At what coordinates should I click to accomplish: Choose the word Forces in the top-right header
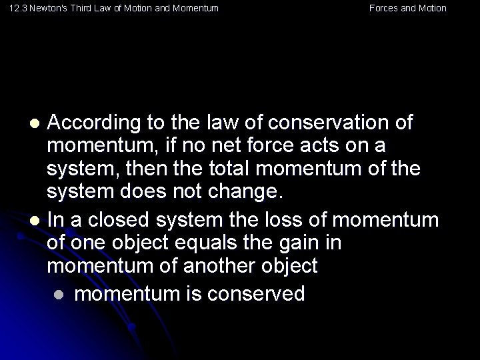(x=383, y=9)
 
